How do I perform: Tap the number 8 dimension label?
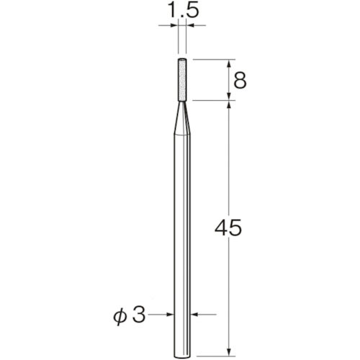240,81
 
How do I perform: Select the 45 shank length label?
228,228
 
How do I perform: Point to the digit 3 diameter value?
139,315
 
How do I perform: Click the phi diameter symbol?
120,316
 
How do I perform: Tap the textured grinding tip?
182,80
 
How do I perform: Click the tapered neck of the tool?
182,118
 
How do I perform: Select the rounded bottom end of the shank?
182,355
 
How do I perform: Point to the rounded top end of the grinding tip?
182,59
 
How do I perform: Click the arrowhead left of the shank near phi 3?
171,314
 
